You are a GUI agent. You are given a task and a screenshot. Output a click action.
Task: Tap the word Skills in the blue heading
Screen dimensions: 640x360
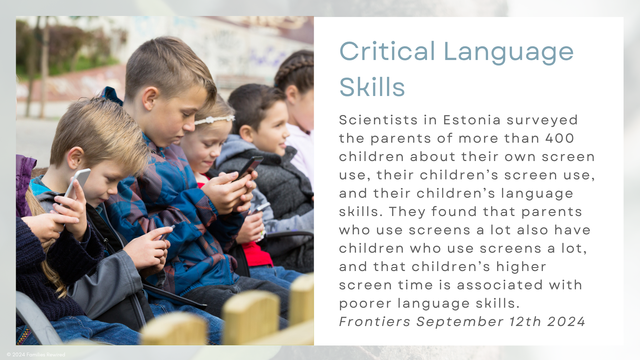pos(372,87)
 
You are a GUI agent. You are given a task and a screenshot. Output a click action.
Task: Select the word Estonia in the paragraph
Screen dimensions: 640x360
pos(472,120)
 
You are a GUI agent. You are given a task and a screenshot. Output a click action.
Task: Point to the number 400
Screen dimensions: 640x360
pos(560,138)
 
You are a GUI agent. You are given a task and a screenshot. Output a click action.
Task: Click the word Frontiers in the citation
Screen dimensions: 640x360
pos(375,322)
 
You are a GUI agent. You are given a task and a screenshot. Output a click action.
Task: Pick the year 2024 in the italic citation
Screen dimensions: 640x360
pos(566,322)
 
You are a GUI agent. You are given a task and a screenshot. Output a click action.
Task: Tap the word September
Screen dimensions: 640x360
pos(460,322)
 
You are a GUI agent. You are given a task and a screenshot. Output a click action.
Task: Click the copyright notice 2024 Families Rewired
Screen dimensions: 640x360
pos(36,355)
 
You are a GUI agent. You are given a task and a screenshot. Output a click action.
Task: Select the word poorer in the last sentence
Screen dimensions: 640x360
pos(365,304)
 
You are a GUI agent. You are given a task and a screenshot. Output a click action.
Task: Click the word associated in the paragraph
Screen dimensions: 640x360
pos(500,285)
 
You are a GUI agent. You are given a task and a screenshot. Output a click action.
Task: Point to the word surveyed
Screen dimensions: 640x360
pos(542,120)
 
